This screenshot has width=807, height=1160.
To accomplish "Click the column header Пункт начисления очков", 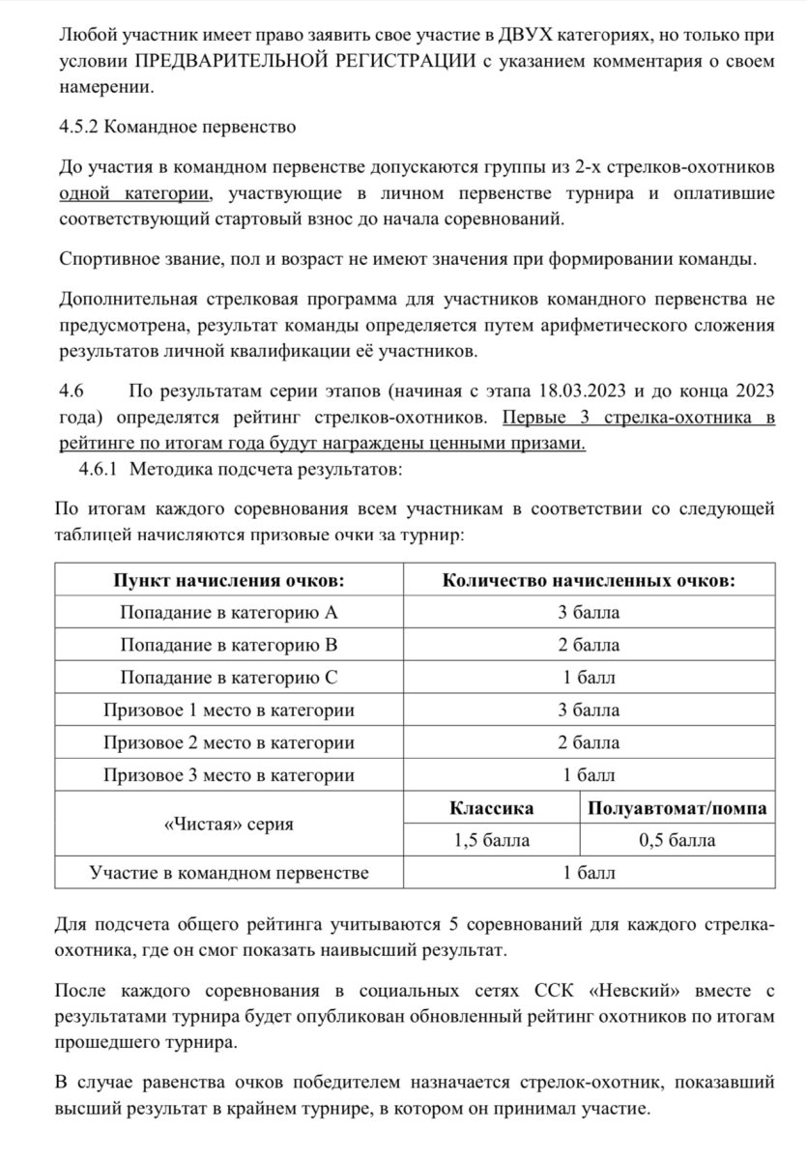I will (228, 581).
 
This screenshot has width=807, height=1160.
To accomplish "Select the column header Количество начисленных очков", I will (588, 581).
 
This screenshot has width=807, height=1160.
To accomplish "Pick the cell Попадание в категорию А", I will (228, 613).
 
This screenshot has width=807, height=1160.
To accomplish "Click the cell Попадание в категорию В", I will (228, 645).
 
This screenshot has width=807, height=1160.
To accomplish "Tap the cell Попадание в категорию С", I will (228, 678).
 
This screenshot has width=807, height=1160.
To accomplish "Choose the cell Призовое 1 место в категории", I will (228, 710).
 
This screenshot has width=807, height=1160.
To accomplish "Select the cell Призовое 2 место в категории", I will (228, 742).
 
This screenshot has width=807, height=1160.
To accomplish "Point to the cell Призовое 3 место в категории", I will (228, 775).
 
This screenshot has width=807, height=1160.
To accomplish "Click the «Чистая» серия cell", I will (228, 825).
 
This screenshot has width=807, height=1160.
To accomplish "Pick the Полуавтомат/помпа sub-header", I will (677, 808).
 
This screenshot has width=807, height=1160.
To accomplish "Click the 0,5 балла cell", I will (677, 840).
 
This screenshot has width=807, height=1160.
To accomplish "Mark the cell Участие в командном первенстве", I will (228, 874).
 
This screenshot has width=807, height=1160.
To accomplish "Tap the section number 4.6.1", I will (99, 469).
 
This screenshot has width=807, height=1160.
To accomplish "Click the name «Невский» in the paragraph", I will (633, 993).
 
